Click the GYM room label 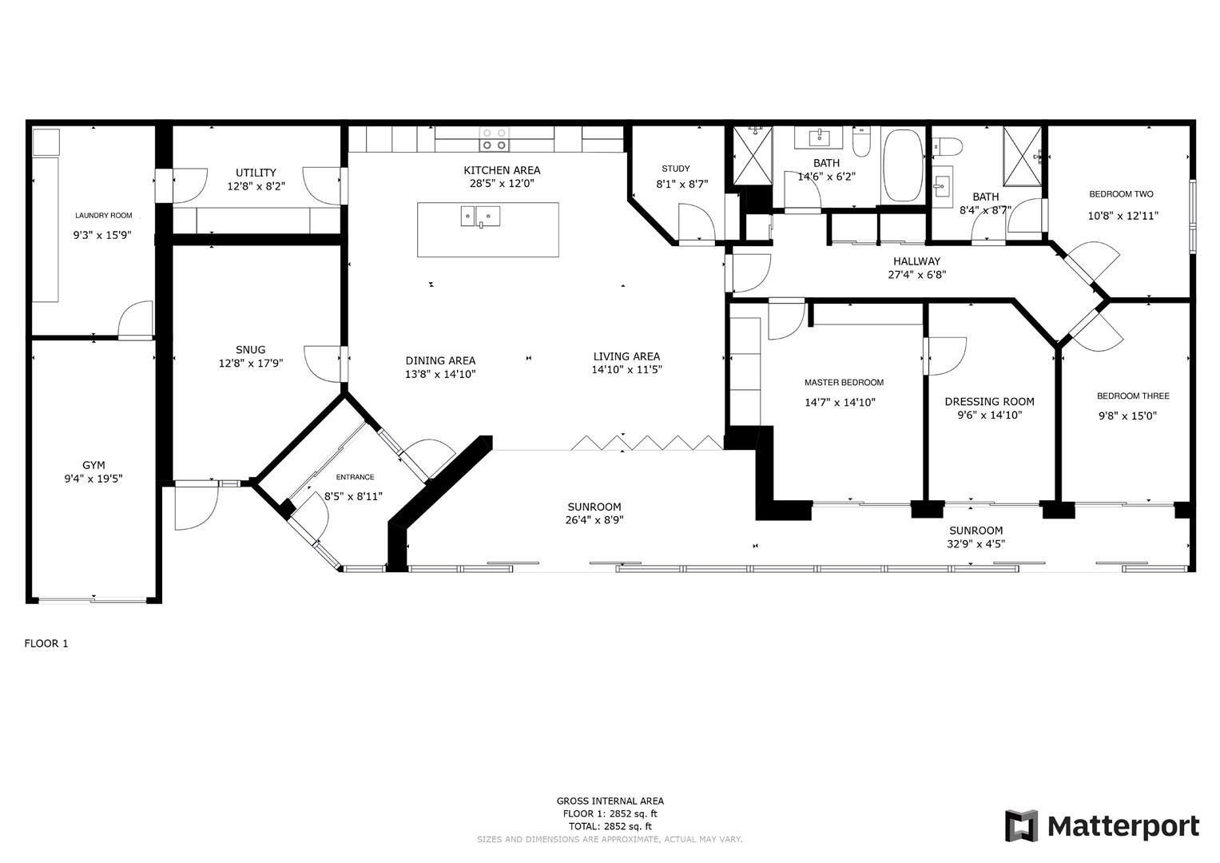click(93, 465)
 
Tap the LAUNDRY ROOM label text click(103, 216)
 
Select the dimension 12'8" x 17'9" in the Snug click(251, 363)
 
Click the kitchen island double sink click(480, 217)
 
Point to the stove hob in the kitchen click(494, 139)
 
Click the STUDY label click(676, 169)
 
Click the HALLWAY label click(916, 261)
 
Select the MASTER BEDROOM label click(844, 383)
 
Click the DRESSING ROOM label click(989, 402)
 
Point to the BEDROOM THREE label click(1133, 396)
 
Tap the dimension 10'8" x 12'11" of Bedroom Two click(1123, 216)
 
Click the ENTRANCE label click(355, 477)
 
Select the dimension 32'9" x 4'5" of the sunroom click(976, 544)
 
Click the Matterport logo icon click(1021, 825)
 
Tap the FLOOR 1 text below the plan click(46, 643)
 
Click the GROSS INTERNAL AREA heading click(610, 801)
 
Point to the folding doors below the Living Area click(647, 442)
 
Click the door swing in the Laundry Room click(136, 320)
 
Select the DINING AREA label click(440, 360)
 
